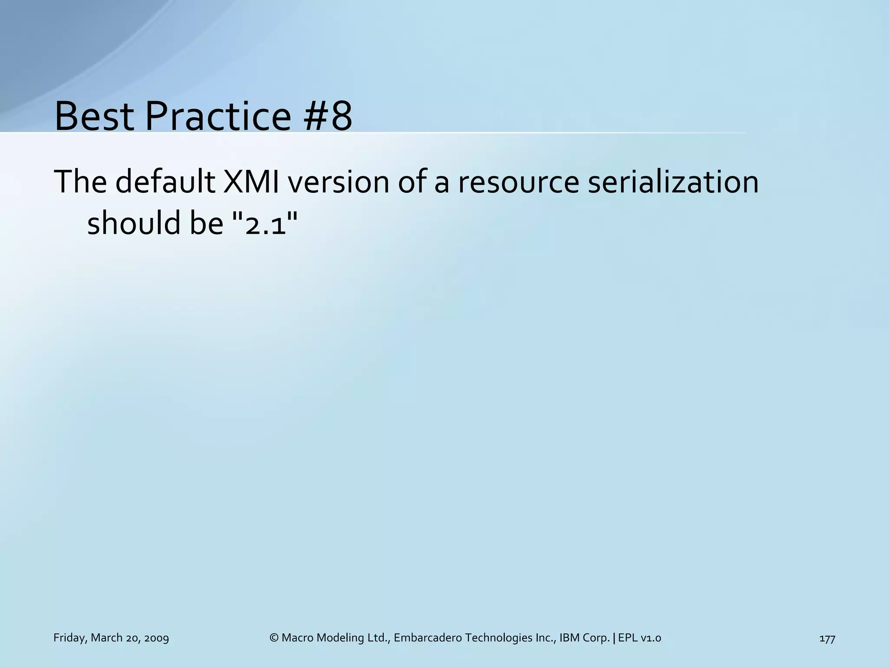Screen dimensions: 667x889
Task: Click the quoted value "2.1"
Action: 266,223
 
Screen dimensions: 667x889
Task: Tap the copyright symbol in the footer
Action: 274,638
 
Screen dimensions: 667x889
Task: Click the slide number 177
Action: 827,638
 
